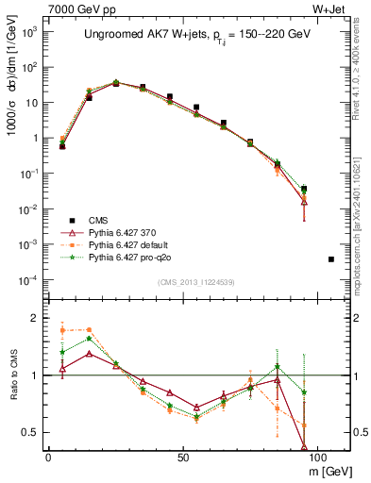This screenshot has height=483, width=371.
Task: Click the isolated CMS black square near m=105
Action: pyautogui.click(x=330, y=258)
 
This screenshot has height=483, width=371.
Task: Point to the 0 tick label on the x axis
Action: pyautogui.click(x=48, y=457)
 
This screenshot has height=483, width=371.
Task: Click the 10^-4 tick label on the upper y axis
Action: pyautogui.click(x=27, y=280)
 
